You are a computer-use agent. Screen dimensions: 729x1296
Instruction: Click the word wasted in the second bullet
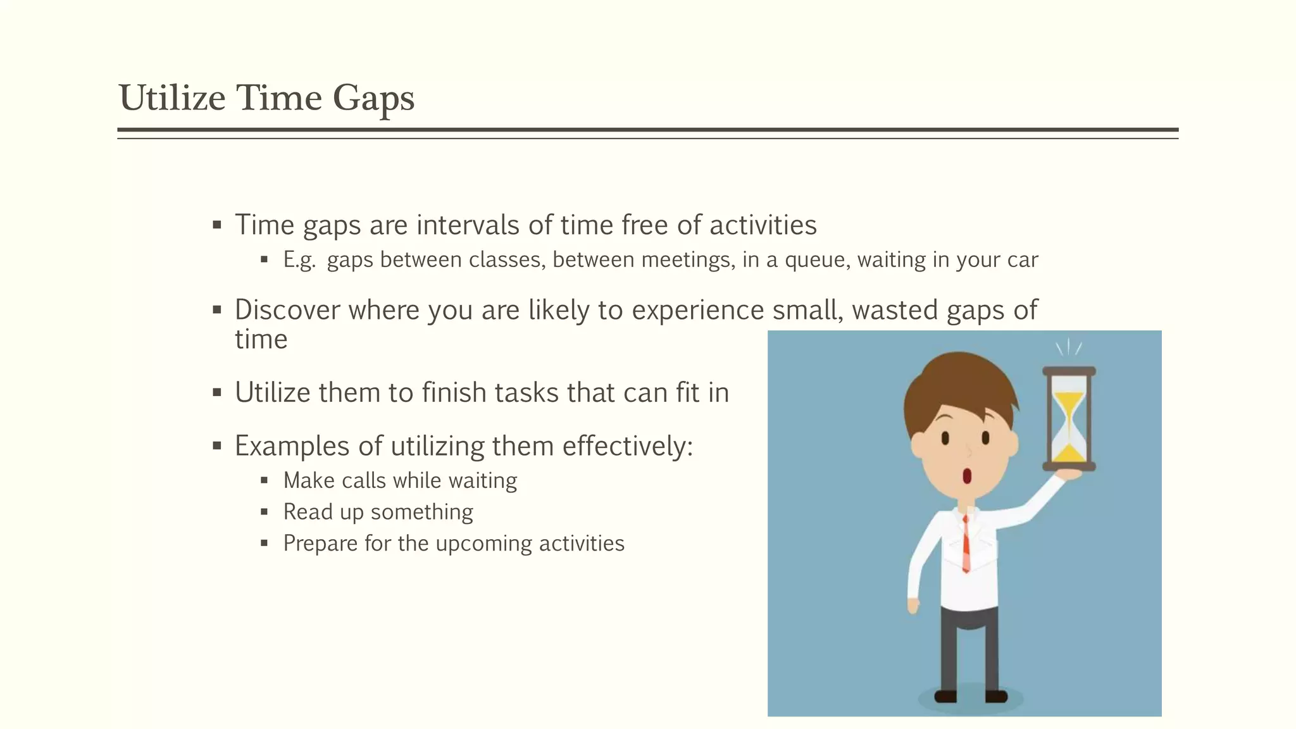895,310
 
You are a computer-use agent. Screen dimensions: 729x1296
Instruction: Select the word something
422,512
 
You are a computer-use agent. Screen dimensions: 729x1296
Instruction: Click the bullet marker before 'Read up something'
265,512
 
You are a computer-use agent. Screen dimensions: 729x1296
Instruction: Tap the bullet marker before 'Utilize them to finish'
217,393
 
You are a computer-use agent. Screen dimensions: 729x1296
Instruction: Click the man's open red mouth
967,475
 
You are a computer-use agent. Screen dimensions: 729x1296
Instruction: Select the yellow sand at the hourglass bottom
1069,453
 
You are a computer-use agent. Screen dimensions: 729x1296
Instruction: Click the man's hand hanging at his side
913,606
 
